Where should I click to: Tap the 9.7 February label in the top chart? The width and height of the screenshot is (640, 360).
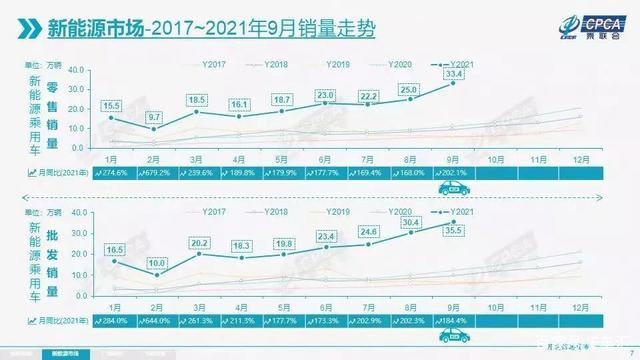click(154, 118)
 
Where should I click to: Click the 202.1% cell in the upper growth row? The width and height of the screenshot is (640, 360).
click(455, 173)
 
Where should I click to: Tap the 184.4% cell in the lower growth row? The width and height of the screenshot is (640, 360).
click(455, 319)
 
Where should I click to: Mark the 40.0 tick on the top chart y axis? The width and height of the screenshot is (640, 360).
click(80, 67)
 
